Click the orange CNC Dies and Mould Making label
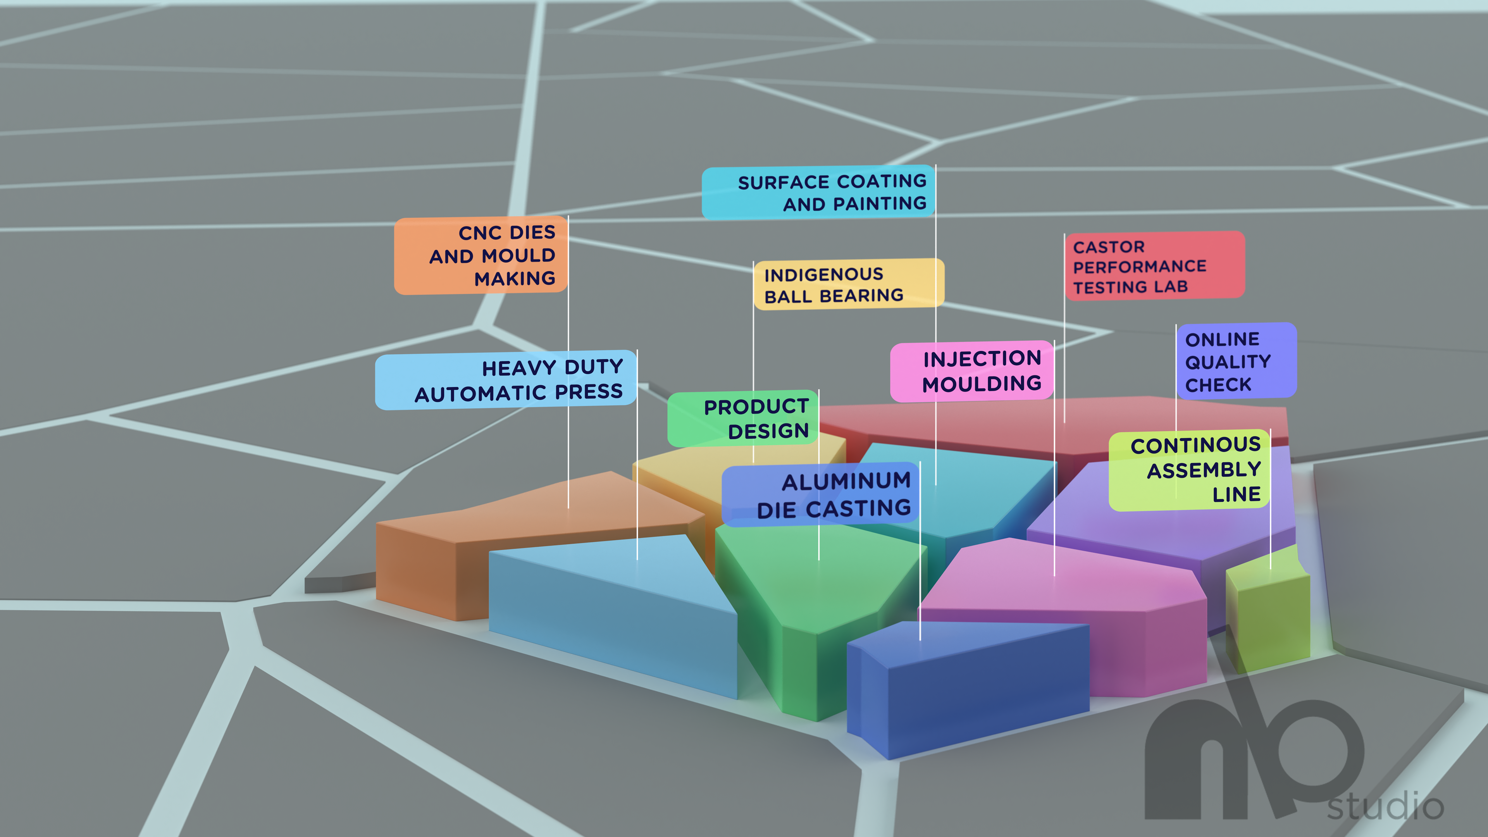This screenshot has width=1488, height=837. click(x=480, y=256)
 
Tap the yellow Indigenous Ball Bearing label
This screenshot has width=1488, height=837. click(x=848, y=284)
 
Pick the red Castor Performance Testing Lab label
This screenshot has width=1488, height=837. click(x=1154, y=266)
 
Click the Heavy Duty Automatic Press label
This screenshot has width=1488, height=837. click(x=506, y=380)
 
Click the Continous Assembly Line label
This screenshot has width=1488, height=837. click(x=1189, y=470)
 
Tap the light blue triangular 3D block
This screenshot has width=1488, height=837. click(x=612, y=612)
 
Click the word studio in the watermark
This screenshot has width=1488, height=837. click(x=1385, y=806)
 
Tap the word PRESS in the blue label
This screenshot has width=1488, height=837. click(x=589, y=392)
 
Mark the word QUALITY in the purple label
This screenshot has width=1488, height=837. click(x=1228, y=362)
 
